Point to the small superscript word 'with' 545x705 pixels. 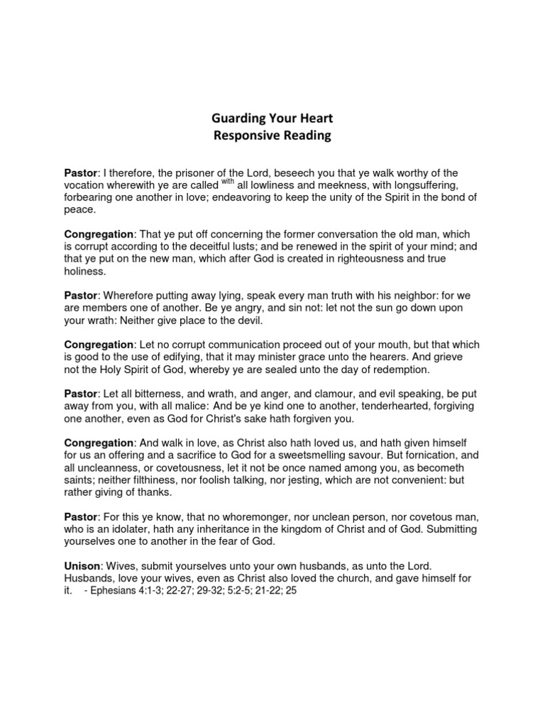click(228, 179)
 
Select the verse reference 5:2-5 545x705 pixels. click(222, 590)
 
